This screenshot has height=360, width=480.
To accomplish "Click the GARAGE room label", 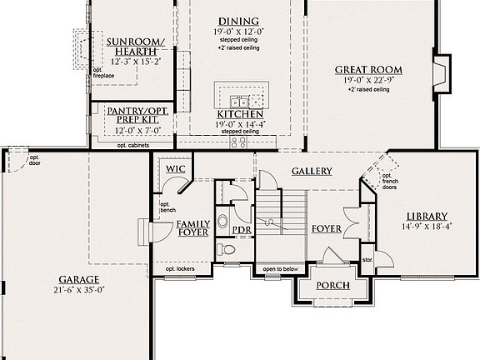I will (x=79, y=280).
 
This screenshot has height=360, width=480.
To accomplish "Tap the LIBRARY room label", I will (x=427, y=215).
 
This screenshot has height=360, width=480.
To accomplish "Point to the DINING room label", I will (x=238, y=21).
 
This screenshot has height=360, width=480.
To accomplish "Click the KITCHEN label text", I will (x=240, y=113).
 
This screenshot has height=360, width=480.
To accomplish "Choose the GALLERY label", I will (x=312, y=171).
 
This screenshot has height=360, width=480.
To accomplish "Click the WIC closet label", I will (x=175, y=169).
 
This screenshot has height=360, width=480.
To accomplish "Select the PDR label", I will (x=242, y=230).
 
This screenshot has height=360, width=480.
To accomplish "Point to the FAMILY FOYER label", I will (x=192, y=228).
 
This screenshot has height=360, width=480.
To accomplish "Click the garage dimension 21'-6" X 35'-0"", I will (x=79, y=291).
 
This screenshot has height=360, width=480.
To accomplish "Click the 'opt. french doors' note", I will (x=388, y=182).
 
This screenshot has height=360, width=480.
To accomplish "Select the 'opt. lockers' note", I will (x=180, y=268).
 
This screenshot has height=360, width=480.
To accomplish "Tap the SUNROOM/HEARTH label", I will (x=136, y=47).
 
